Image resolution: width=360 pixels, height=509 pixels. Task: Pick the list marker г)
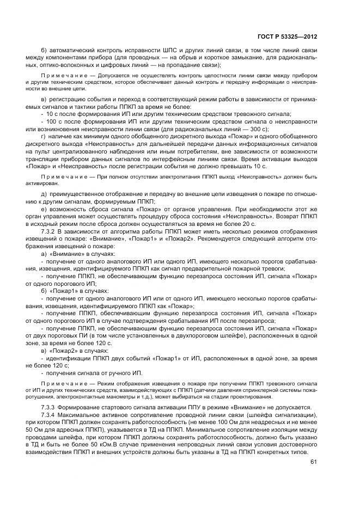point(44,136)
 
